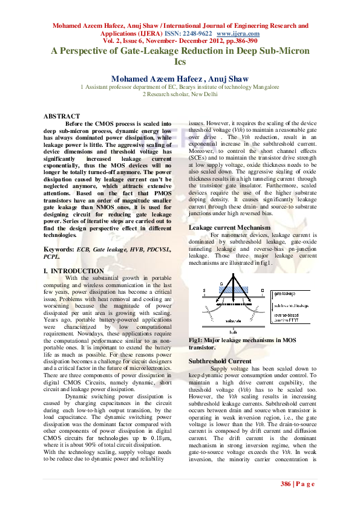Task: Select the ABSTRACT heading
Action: click(62, 116)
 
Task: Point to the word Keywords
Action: click(59, 250)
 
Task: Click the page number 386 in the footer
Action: click(286, 484)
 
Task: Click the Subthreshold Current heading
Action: click(219, 361)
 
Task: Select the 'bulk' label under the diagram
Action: click(233, 332)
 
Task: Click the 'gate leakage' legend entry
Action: click(286, 292)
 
